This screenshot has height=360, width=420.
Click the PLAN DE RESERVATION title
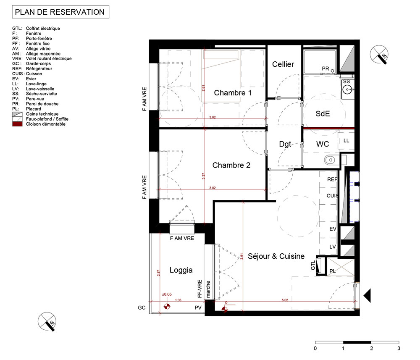(60, 12)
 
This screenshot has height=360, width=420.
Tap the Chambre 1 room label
(233, 93)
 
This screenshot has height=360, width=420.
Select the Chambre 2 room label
(231, 165)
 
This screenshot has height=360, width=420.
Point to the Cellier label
(283, 64)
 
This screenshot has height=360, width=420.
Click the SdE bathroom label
(323, 113)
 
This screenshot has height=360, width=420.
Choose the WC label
(323, 144)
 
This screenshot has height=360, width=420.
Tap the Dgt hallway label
(285, 145)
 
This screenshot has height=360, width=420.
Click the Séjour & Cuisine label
(276, 256)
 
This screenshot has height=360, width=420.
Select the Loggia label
(181, 270)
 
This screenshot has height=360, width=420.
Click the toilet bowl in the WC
(330, 160)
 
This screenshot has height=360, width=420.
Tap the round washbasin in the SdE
(347, 89)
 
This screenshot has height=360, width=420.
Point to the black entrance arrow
(367, 295)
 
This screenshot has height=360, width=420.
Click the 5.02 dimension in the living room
(285, 300)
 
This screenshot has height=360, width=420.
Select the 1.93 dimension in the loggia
(178, 300)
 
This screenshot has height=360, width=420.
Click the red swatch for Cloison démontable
(17, 124)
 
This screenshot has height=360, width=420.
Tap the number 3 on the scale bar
(399, 348)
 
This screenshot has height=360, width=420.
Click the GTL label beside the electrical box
(313, 265)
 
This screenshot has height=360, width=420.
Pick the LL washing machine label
(346, 141)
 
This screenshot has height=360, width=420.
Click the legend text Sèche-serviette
(42, 94)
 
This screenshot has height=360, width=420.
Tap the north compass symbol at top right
(379, 54)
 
